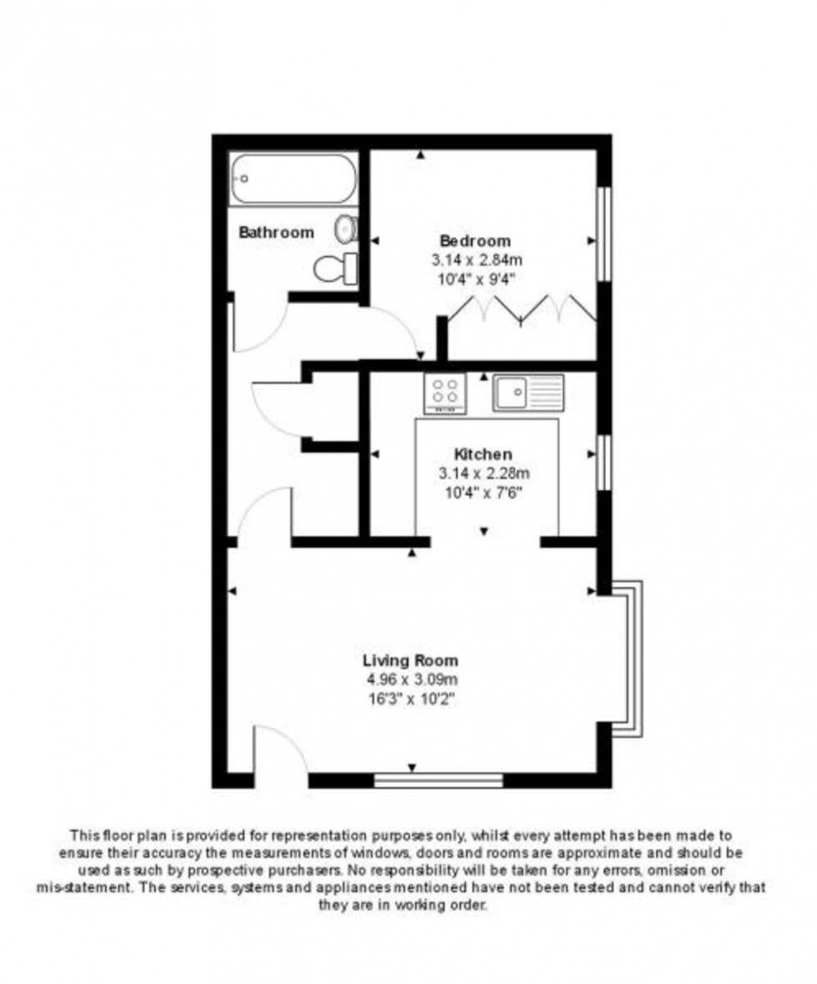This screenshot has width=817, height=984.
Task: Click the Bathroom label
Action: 277,233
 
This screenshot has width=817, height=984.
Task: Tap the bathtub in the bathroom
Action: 293,178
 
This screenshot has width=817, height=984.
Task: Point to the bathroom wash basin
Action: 345,227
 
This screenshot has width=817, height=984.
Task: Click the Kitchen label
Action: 483,454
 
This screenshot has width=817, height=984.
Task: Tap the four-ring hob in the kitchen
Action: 446,393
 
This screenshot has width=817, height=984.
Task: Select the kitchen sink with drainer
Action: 528,392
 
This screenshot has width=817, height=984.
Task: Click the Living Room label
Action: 409,660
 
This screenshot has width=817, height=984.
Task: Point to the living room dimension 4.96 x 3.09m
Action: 409,680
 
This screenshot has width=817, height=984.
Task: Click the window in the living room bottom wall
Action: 439,781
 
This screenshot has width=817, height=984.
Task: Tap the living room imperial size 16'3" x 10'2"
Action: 409,698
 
